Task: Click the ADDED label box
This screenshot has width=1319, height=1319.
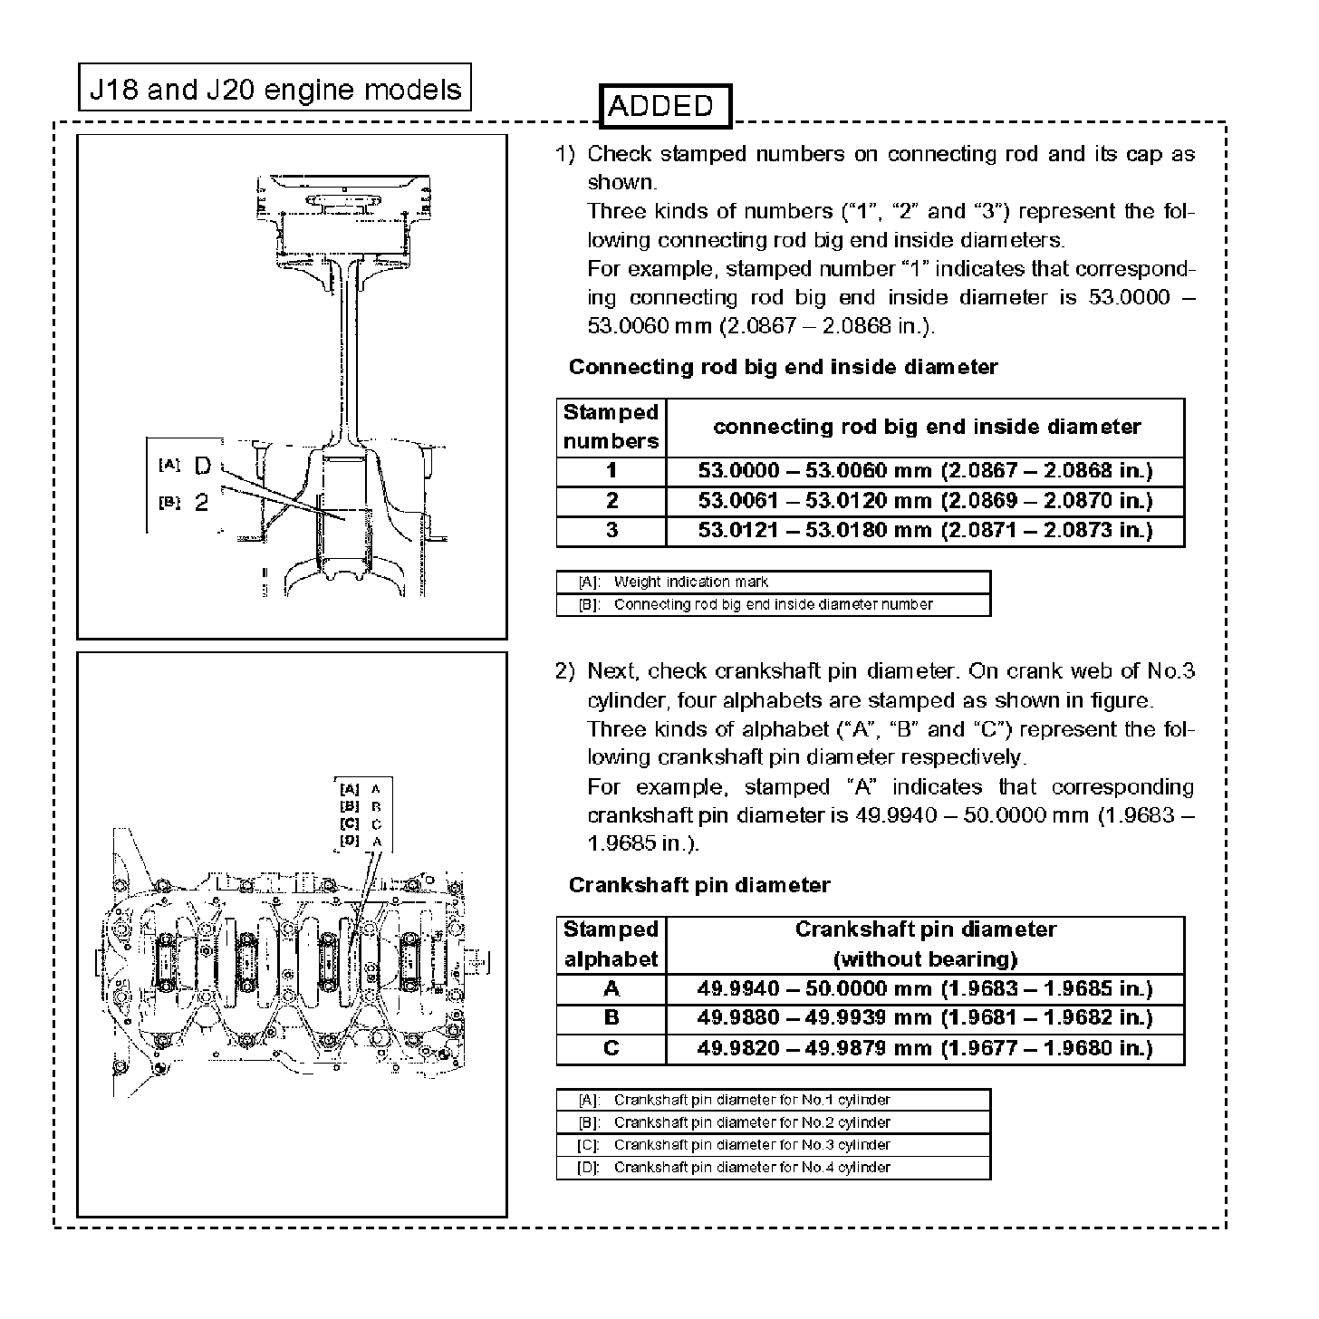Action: [x=664, y=106]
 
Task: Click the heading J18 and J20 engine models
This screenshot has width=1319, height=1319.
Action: [x=274, y=89]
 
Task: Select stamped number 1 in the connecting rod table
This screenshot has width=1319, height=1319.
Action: [x=611, y=471]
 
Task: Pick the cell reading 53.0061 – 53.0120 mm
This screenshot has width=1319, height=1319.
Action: [x=925, y=501]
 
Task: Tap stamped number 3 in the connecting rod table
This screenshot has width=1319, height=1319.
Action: [x=611, y=531]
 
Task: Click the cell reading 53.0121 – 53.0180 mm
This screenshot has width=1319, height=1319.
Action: [x=925, y=531]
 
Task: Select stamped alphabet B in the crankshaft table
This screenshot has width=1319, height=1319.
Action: [x=611, y=1018]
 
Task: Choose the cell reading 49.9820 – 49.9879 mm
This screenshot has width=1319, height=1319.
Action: [x=925, y=1049]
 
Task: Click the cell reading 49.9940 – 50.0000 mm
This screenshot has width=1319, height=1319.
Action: [x=925, y=989]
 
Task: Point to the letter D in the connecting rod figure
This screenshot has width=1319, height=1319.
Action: [x=203, y=467]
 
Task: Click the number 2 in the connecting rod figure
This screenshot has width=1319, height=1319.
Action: [x=202, y=503]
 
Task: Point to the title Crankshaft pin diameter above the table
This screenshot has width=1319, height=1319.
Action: [x=698, y=885]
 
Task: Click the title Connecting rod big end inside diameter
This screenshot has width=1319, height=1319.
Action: [x=783, y=367]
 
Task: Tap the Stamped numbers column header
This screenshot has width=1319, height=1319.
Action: [x=611, y=427]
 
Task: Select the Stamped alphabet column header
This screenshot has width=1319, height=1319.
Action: [x=611, y=945]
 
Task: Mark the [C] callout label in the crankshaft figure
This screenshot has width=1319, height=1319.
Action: [x=350, y=823]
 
